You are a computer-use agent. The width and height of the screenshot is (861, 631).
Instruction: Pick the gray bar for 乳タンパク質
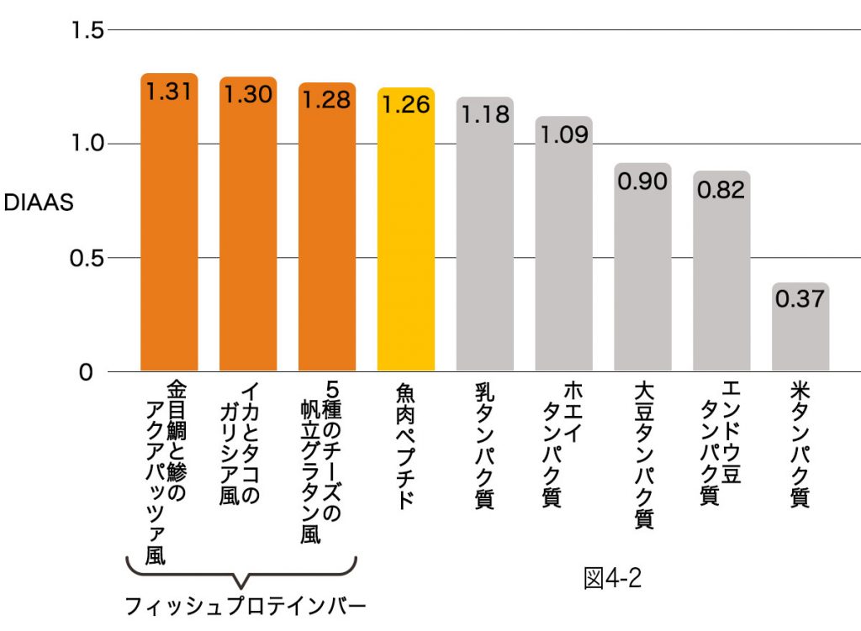(x=485, y=244)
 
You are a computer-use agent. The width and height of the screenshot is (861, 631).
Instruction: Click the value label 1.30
(x=247, y=94)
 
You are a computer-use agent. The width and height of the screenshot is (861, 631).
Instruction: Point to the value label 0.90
(x=642, y=181)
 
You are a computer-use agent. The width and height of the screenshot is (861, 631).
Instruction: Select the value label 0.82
(x=721, y=190)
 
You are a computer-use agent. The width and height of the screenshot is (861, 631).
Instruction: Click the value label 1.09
(x=563, y=134)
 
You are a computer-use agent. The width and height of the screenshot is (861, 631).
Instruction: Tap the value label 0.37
(x=800, y=299)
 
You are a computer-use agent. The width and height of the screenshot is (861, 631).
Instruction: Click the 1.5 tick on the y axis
(x=87, y=30)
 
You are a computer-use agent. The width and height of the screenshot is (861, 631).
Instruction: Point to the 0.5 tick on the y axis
(x=87, y=258)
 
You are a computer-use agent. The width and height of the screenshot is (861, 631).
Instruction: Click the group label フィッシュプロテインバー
(x=245, y=607)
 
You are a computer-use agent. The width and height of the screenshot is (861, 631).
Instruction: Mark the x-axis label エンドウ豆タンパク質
(x=721, y=444)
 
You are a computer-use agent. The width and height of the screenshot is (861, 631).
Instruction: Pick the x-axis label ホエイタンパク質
(x=563, y=444)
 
